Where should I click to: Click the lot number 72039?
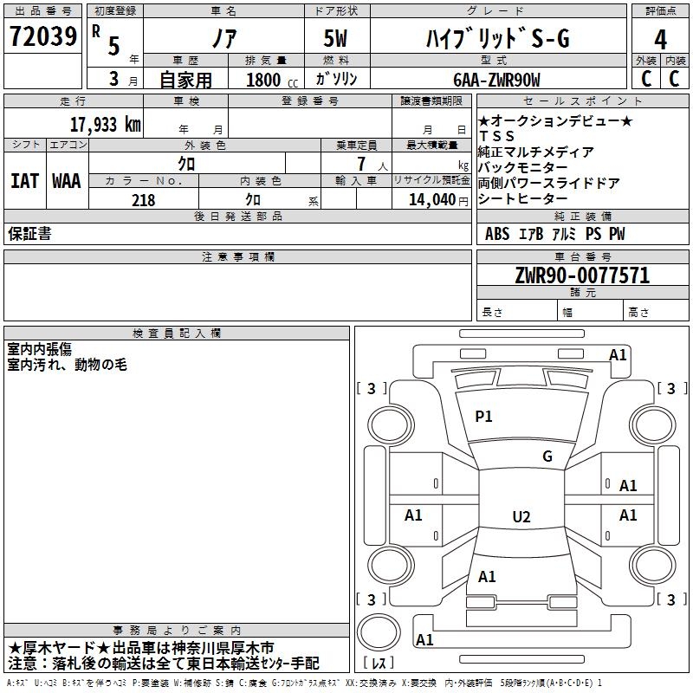pos(43,36)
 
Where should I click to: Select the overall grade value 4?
pos(660,40)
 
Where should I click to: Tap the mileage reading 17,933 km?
pos(106,125)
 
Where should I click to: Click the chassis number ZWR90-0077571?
pos(582,275)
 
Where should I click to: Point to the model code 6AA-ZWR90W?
pos(496,80)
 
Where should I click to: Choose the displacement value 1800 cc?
pos(272,80)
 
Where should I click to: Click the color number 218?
pos(143,200)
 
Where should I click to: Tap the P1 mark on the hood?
pos(483,416)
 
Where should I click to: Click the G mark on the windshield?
pos(547,456)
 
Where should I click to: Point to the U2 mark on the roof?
pos(521,516)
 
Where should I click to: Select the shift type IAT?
pos(25,181)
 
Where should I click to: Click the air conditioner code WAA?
pos(67,181)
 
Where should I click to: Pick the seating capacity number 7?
pos(361,164)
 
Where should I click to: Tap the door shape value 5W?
pos(335,38)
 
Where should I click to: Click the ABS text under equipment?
pos(497,234)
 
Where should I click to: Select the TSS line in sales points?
pos(496,136)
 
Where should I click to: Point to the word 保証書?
pos(29,234)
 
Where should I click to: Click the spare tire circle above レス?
pos(379,632)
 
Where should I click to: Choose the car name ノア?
pos(224,38)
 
